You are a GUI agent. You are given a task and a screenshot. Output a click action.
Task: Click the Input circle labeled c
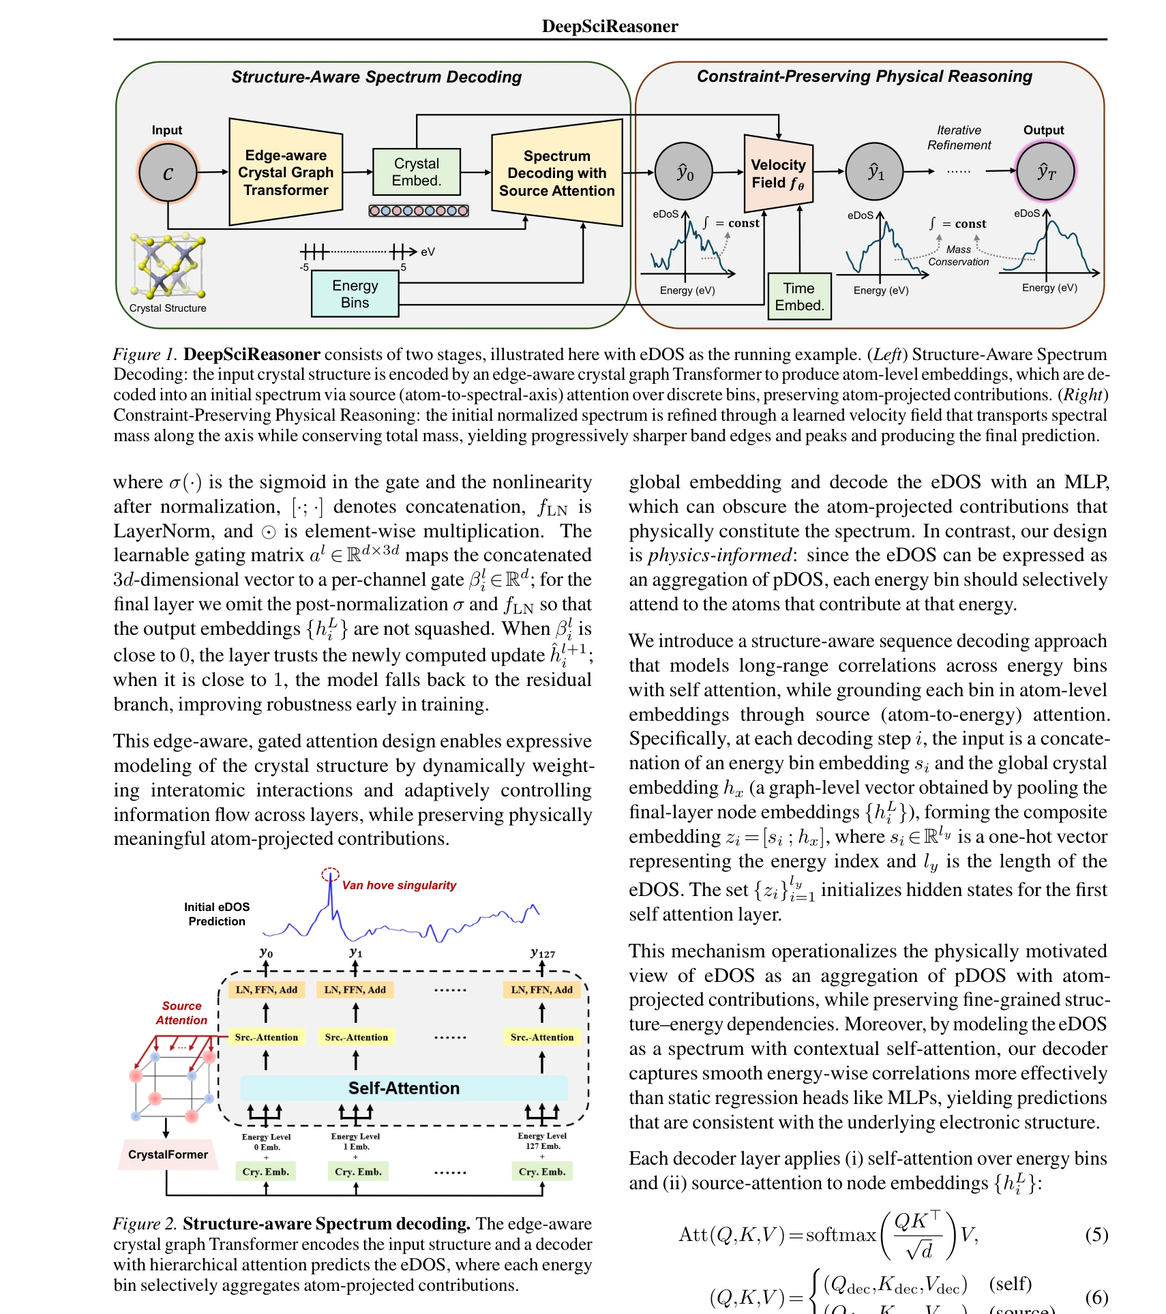(168, 173)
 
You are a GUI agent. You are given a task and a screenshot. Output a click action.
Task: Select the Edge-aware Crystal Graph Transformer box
(286, 172)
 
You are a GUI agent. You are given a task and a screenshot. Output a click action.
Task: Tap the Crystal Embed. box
(417, 172)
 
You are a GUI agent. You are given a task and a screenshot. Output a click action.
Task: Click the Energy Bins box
(355, 294)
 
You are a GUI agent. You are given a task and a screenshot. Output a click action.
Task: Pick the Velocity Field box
(778, 173)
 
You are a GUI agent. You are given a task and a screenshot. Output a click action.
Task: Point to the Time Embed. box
(799, 297)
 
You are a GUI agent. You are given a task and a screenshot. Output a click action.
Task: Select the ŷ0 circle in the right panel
(684, 172)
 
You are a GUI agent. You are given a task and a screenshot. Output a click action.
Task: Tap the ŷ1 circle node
(875, 172)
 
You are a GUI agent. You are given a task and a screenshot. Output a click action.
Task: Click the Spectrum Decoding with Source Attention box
(557, 173)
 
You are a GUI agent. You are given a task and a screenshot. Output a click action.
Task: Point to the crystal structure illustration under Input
(168, 266)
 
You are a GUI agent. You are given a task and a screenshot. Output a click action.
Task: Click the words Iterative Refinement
(959, 138)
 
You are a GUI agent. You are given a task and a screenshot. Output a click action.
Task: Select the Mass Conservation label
(958, 256)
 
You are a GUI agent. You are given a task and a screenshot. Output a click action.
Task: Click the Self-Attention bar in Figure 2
(404, 1088)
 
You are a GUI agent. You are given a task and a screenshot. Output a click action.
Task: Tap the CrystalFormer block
(168, 1154)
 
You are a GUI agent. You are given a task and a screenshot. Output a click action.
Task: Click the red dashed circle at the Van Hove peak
(330, 874)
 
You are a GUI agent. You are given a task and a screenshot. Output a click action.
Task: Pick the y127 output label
(543, 953)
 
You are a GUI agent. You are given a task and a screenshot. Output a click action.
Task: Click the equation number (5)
(1096, 1235)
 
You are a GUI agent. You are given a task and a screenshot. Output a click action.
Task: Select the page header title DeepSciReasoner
(610, 26)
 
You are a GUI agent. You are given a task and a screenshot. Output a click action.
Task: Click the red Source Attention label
(181, 1013)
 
